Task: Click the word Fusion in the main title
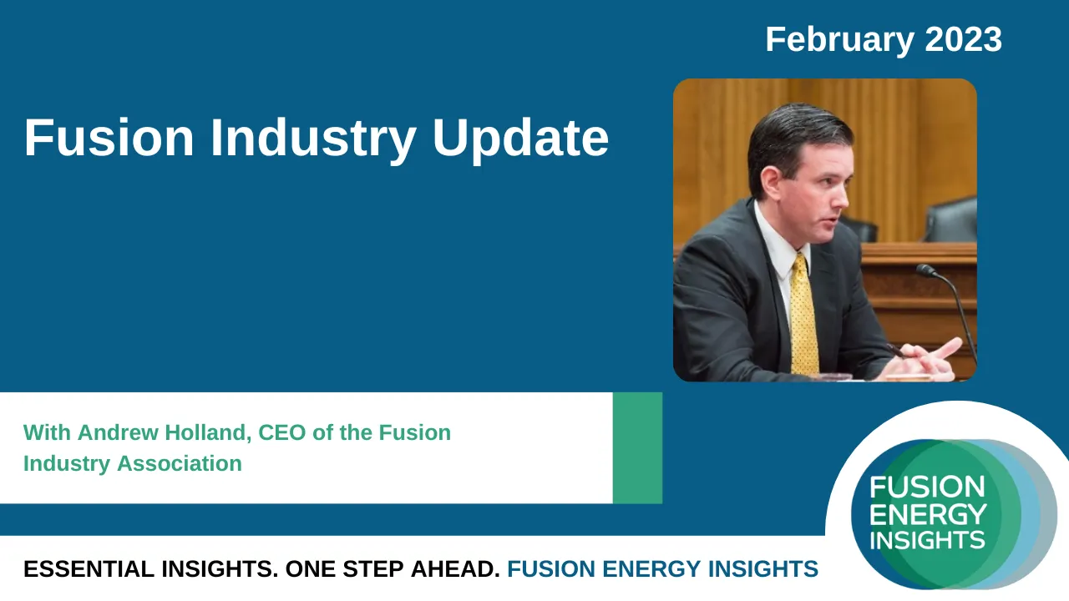click(108, 138)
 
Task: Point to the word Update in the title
click(520, 139)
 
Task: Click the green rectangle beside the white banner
click(637, 448)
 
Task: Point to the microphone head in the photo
click(925, 270)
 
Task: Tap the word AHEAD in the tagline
click(455, 569)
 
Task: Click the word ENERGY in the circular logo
click(928, 513)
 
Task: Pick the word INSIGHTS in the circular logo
click(927, 539)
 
